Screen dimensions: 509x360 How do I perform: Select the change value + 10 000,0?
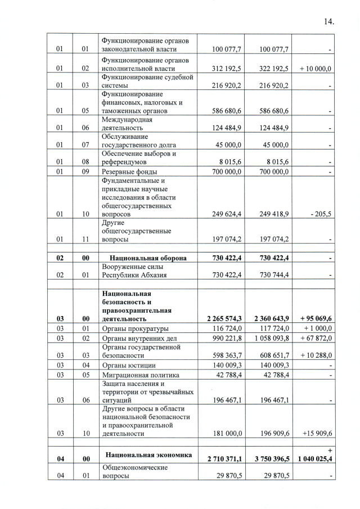point(316,69)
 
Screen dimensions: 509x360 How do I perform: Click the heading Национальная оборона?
point(144,258)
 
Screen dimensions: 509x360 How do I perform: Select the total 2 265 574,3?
point(219,318)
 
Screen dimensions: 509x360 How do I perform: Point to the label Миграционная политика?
point(140,375)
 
